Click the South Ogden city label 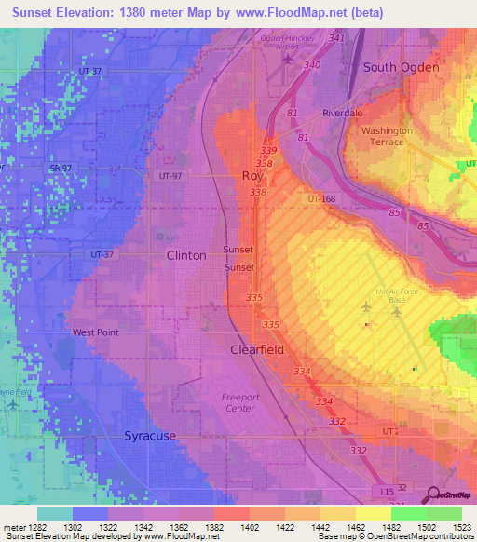[x=400, y=67]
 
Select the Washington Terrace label [x=388, y=136]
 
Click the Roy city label [x=252, y=175]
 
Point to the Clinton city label [x=186, y=255]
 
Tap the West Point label [x=96, y=332]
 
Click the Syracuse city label [x=150, y=436]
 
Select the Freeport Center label [x=239, y=402]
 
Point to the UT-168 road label [x=321, y=199]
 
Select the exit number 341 [x=336, y=38]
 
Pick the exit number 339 [x=269, y=150]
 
